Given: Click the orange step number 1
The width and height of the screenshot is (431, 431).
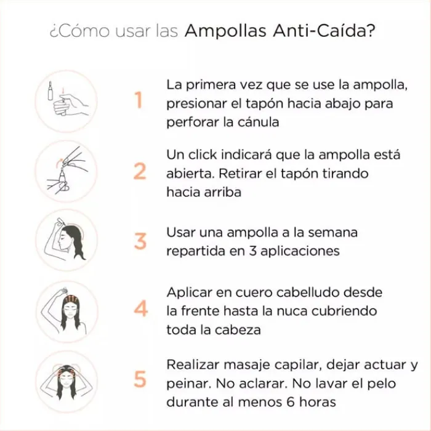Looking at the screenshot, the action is pyautogui.click(x=139, y=100).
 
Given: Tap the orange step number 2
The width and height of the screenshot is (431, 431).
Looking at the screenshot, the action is pyautogui.click(x=140, y=171).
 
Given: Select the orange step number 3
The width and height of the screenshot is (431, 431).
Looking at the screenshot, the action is pyautogui.click(x=140, y=241).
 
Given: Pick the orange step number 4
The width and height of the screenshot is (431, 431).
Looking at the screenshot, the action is pyautogui.click(x=141, y=308).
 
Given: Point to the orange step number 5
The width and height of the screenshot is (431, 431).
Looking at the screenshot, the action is pyautogui.click(x=140, y=379).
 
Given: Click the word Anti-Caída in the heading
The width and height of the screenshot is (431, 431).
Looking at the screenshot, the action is pyautogui.click(x=324, y=31).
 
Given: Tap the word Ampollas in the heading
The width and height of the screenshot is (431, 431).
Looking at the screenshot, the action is pyautogui.click(x=226, y=31).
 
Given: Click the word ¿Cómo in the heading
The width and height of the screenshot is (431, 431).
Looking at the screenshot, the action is pyautogui.click(x=79, y=31).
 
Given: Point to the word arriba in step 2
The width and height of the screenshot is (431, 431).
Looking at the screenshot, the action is pyautogui.click(x=223, y=192).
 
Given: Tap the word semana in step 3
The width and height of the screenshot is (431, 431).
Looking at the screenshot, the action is pyautogui.click(x=333, y=233).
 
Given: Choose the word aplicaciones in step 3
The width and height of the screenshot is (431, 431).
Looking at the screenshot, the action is pyautogui.click(x=300, y=251).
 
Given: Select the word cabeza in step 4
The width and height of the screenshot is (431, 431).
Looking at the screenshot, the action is pyautogui.click(x=238, y=330).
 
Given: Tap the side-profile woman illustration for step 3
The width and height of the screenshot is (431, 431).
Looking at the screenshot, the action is pyautogui.click(x=66, y=240).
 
